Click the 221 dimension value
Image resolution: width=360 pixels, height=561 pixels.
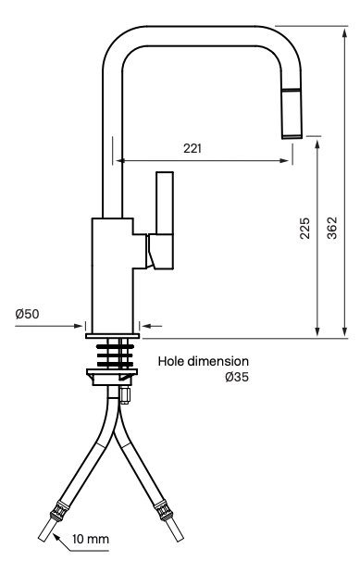(192, 147)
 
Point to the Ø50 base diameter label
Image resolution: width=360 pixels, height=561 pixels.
(27, 314)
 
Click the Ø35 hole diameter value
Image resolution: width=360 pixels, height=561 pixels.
(238, 377)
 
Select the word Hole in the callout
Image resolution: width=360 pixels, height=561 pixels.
(173, 362)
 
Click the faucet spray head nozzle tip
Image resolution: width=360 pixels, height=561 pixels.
(292, 134)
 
